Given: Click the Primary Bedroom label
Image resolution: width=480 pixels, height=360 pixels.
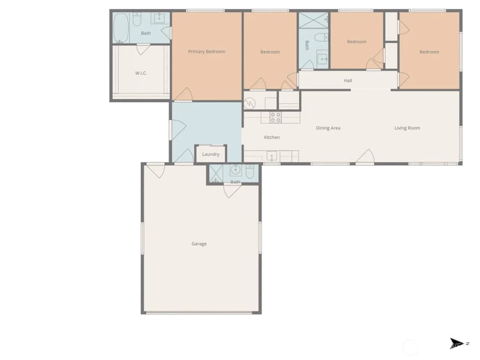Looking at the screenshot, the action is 206,52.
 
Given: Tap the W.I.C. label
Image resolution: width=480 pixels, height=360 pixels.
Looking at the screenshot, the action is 141,73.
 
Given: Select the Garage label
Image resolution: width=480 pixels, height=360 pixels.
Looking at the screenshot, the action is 199,243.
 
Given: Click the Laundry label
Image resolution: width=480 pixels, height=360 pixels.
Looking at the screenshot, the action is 210,154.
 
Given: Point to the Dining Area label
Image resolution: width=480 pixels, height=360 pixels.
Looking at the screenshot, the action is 328,128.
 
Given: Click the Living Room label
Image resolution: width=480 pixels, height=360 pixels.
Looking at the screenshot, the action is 407,128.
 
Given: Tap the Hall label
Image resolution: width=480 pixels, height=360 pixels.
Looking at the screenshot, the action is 348,81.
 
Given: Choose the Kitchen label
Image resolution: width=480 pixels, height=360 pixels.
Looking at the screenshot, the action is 272,137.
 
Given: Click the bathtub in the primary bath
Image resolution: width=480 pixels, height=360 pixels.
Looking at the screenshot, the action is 121,28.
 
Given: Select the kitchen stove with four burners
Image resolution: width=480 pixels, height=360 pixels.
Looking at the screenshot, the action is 275,118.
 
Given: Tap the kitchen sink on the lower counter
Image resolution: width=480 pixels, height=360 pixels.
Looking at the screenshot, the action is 271,157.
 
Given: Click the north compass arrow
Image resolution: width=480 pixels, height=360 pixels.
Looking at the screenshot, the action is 456,343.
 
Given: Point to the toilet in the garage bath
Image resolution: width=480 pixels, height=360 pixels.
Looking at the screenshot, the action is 250,172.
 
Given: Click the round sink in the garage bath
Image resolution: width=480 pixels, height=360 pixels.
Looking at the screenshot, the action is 235,170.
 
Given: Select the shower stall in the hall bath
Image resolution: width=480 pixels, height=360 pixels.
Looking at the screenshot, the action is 313,20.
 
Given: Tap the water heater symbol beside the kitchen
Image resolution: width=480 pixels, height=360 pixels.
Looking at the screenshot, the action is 250,103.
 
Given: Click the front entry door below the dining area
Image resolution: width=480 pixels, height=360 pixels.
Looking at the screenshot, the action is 366,157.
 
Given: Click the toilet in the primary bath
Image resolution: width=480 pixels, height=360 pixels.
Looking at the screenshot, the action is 137,20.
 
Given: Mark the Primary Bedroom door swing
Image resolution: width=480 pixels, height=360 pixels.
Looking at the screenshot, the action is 184,94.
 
